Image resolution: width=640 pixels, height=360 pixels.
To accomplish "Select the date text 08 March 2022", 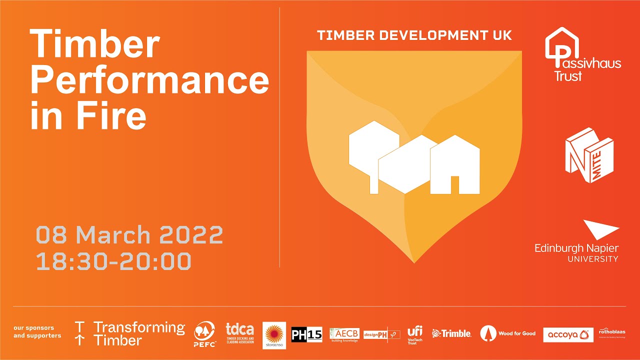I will (129, 235).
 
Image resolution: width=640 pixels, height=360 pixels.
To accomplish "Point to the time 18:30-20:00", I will (113, 261).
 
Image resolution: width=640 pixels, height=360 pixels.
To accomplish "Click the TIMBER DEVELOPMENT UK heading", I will (414, 36).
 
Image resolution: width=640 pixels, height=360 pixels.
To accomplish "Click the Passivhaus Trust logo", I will (582, 55).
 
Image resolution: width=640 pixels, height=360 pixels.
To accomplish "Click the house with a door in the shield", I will (455, 164).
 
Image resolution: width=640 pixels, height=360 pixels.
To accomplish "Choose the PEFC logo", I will (204, 334).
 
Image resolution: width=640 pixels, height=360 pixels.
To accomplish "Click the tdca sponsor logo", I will (240, 333).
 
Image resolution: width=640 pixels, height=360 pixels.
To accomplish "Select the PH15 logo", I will (306, 334).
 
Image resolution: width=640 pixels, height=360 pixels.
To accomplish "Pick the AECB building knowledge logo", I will (344, 334).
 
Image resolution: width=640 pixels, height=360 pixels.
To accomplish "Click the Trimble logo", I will (451, 333).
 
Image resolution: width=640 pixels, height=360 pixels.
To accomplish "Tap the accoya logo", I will (568, 334).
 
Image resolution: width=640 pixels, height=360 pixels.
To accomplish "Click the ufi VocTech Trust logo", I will (415, 333).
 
